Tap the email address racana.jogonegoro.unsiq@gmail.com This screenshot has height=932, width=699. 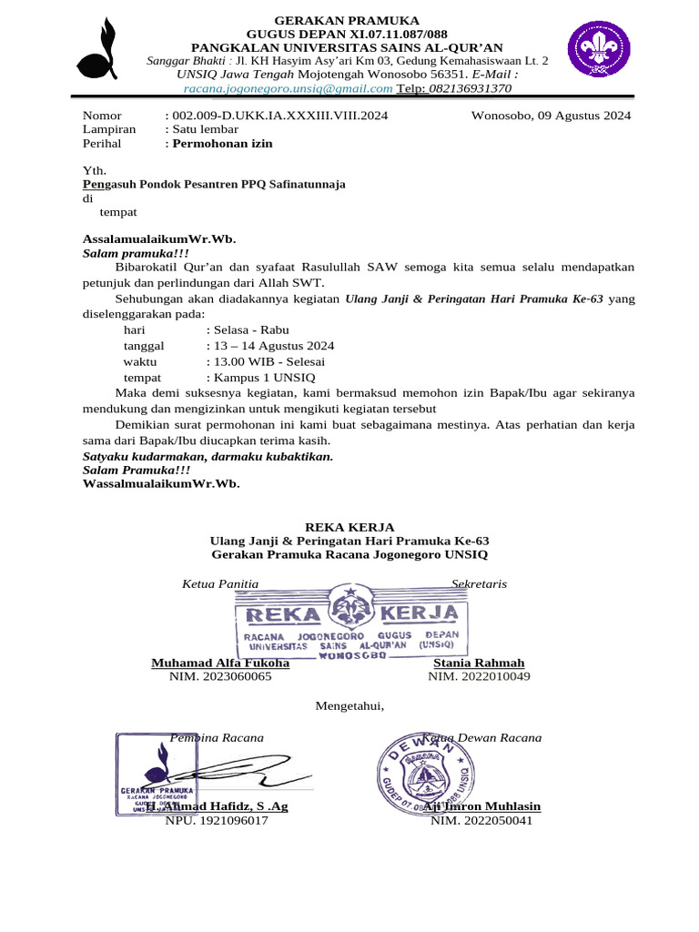click(x=288, y=89)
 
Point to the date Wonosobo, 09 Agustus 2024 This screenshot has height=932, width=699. click(x=551, y=116)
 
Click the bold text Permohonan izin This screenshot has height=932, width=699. click(x=223, y=143)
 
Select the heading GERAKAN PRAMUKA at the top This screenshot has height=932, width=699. click(x=349, y=20)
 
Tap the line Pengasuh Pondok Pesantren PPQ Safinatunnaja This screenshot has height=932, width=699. click(x=214, y=184)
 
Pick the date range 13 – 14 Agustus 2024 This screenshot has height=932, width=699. click(x=270, y=346)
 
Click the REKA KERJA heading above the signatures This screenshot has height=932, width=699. click(x=349, y=527)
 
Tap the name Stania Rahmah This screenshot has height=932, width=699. click(x=479, y=663)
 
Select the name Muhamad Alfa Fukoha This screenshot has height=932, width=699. click(x=220, y=663)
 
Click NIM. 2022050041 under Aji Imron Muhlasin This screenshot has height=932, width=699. click(x=481, y=820)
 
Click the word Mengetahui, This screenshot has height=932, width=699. click(x=349, y=705)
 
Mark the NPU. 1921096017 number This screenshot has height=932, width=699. click(x=217, y=820)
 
